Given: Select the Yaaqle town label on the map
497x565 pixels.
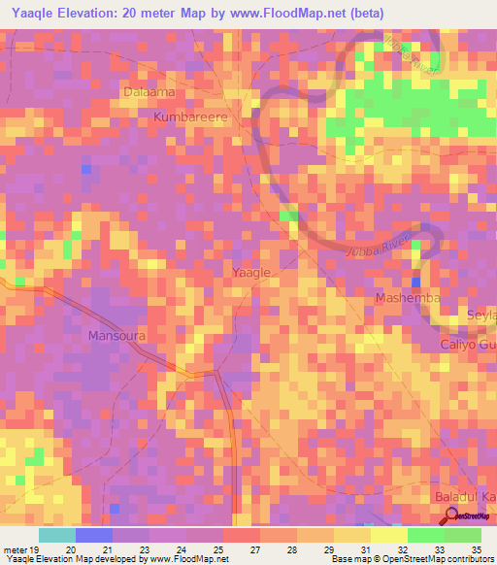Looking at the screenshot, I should tap(252, 273).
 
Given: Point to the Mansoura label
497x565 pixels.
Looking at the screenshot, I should tap(116, 336).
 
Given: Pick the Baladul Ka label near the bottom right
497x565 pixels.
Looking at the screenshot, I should tap(462, 498).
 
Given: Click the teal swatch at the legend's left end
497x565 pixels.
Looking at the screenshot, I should tap(57, 534).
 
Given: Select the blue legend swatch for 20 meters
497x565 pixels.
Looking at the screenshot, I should tap(94, 534).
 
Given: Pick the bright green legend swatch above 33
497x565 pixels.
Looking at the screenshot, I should tap(426, 534).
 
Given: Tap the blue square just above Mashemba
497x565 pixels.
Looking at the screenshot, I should tap(415, 282).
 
